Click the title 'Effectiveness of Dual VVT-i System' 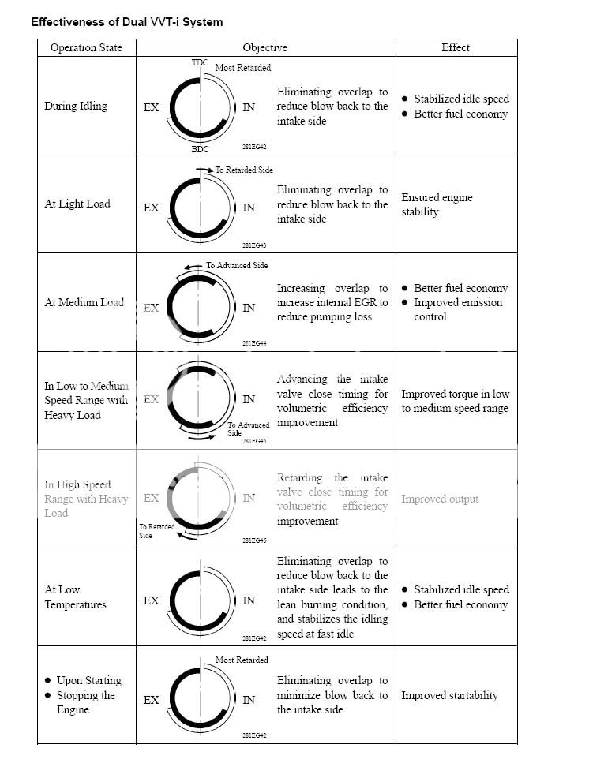point(127,22)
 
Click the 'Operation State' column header point(86,47)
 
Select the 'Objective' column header point(265,47)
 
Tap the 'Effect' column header point(456,47)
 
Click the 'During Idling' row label point(76,106)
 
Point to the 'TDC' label point(200,62)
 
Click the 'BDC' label point(200,148)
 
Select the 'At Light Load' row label point(77,204)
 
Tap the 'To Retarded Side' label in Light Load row point(244,170)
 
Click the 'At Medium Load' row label point(84,302)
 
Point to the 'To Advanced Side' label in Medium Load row point(237,266)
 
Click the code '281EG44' point(254,343)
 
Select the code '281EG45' point(254,441)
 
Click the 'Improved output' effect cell point(440,499)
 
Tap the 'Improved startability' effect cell point(450,695)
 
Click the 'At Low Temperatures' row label point(75,597)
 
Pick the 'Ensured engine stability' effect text point(437,204)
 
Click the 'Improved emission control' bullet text point(458,309)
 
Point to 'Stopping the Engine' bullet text point(85,702)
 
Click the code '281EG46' point(254,541)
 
